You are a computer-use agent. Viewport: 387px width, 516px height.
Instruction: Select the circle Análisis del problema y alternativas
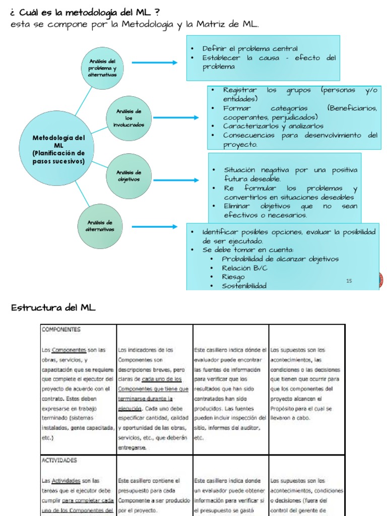click(x=102, y=68)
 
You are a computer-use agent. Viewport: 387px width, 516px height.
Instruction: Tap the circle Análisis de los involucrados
click(x=130, y=118)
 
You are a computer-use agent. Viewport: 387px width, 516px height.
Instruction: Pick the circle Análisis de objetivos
click(x=129, y=176)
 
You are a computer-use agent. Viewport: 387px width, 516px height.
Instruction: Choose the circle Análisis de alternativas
click(x=99, y=226)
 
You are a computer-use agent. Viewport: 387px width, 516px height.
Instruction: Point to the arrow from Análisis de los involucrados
click(x=177, y=117)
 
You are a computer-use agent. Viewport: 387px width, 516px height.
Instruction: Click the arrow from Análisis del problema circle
click(x=155, y=62)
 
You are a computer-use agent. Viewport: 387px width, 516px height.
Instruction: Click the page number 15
click(x=349, y=281)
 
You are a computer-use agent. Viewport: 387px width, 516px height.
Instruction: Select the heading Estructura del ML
click(x=53, y=307)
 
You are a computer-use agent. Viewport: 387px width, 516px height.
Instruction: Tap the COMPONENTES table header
click(x=61, y=330)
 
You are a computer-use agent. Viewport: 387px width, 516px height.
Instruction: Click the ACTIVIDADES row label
click(x=59, y=460)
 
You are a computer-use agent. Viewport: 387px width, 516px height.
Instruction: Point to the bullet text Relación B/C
click(x=245, y=268)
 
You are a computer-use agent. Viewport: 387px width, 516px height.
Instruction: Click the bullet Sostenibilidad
click(x=245, y=286)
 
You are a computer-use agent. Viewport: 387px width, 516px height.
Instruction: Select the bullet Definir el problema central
click(x=250, y=48)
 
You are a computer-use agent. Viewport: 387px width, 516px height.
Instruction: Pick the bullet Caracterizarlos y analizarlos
click(x=274, y=126)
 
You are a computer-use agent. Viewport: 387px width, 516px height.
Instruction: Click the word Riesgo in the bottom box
click(x=233, y=277)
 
